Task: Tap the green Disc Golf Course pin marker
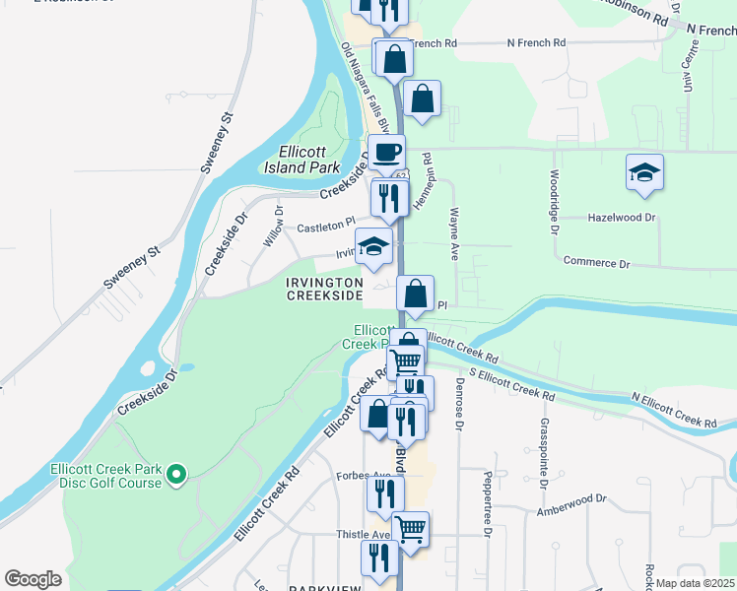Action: coord(176,476)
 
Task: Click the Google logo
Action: coord(33,579)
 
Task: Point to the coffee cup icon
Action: coord(386,153)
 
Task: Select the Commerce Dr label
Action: coord(596,263)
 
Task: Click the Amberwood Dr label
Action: coord(572,499)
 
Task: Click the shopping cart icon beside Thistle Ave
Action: coord(411,528)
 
